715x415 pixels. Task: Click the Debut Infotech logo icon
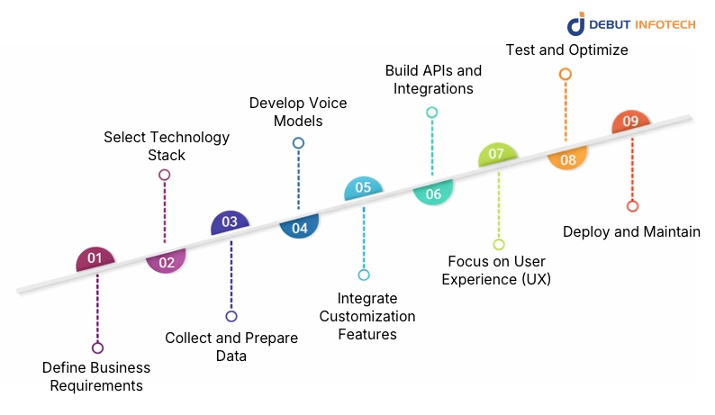pos(576,24)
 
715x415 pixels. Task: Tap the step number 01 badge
pos(95,259)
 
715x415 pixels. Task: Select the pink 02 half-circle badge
pos(167,262)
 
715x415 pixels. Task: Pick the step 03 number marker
pos(230,222)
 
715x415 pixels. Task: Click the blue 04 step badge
pos(299,228)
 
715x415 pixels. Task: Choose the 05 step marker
pos(364,188)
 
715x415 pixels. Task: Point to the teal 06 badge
pos(433,193)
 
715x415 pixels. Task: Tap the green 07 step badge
pos(497,155)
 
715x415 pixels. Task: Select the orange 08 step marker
pos(567,159)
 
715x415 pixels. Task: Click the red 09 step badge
pos(630,122)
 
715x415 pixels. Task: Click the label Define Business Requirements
pos(96,377)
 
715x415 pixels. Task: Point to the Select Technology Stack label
pos(167,146)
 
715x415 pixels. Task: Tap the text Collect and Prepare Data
pos(231,347)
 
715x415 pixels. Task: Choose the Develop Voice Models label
pos(298,112)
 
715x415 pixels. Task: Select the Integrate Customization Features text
pos(367,316)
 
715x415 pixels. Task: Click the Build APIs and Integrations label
pos(433,79)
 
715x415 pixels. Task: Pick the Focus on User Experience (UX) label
pos(499,270)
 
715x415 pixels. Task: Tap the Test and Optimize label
pos(566,50)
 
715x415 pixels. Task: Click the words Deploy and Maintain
pos(631,231)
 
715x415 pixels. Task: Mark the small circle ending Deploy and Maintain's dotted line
pos(632,206)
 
